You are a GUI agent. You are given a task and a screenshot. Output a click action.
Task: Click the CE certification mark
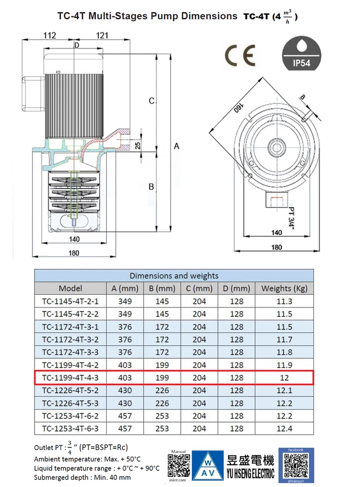pos(240,56)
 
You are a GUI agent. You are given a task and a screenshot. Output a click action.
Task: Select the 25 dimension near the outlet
pos(138,146)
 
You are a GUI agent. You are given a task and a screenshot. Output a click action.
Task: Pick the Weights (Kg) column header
pos(284,288)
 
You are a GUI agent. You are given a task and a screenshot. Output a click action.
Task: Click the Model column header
pos(70,288)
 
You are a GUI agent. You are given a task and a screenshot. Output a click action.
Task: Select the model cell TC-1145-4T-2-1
pos(70,301)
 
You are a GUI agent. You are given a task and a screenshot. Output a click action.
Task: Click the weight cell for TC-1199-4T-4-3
pos(284,377)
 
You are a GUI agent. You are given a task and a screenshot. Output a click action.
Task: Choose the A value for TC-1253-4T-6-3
pos(125,428)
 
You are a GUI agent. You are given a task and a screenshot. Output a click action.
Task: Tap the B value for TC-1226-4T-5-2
pos(162,390)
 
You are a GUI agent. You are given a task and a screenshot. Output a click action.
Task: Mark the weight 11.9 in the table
pos(284,365)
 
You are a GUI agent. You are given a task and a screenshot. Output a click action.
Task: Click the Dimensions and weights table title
pos(174,275)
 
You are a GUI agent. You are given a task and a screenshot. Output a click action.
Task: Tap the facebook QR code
pos(296,464)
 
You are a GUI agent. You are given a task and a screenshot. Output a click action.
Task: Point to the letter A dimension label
pos(177,146)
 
